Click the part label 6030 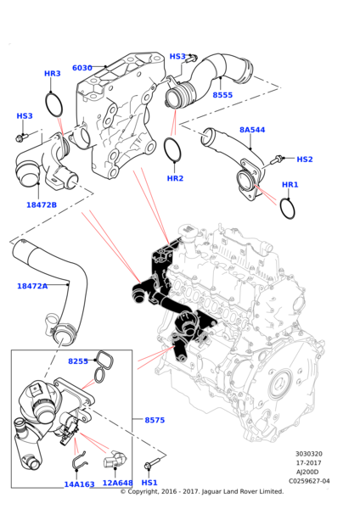(82, 68)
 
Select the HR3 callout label (53, 74)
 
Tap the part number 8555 (222, 95)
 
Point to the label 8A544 (252, 130)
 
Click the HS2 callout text (305, 159)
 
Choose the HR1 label (290, 185)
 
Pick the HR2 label (175, 178)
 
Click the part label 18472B (41, 204)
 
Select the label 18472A (32, 286)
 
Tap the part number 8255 (78, 361)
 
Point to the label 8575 (155, 420)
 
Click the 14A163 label (79, 484)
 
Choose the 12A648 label (117, 484)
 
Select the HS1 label (149, 483)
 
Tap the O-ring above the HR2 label (173, 151)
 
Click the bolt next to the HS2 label (277, 159)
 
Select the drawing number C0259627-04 (308, 481)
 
